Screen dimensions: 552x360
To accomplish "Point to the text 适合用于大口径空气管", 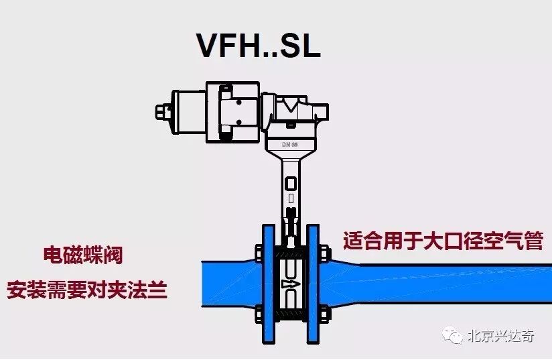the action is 443,241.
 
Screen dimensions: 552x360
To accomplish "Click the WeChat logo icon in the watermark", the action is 456,335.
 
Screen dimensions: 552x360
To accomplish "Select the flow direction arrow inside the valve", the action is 289,282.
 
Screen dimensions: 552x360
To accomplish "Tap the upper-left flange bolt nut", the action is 258,253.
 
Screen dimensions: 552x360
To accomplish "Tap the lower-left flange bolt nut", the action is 258,312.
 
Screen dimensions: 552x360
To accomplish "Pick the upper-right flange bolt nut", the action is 324,253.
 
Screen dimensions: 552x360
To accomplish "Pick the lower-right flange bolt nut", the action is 324,312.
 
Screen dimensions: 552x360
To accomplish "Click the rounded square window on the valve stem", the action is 289,182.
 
